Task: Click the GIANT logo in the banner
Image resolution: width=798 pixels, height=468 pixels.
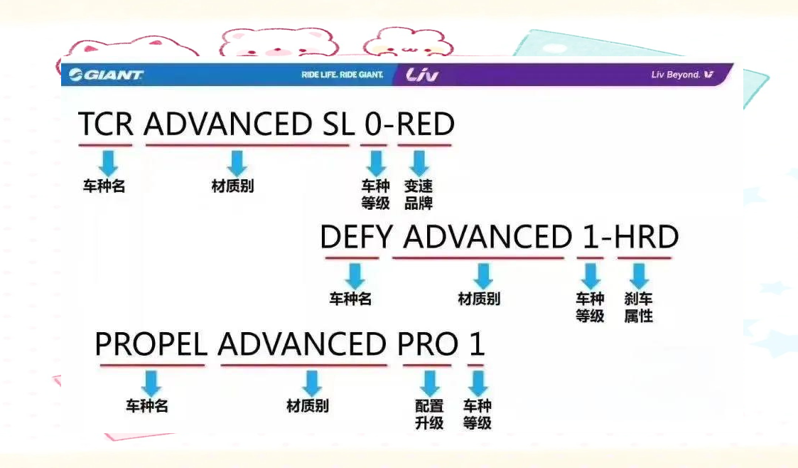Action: (x=106, y=75)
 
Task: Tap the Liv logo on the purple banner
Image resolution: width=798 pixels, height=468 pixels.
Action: (x=422, y=75)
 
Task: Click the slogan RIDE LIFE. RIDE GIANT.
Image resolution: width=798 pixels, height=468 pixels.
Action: (x=342, y=75)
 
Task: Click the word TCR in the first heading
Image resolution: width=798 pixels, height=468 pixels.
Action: (x=105, y=124)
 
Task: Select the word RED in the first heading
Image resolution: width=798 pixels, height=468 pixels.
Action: (x=425, y=124)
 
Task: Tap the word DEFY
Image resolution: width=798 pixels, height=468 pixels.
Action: (x=356, y=237)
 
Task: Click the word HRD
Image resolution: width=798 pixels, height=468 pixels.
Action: (x=647, y=237)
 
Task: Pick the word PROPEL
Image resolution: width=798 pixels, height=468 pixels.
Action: (x=151, y=344)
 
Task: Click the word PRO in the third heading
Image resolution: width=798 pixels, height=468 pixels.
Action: (x=428, y=344)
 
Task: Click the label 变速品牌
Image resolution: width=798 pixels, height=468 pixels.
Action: (x=419, y=195)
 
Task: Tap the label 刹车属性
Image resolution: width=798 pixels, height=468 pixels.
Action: (x=638, y=307)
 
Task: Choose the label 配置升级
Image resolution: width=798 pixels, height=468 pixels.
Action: (x=429, y=414)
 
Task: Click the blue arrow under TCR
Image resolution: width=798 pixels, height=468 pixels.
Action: (x=108, y=163)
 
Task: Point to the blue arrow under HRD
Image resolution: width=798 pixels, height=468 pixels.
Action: (x=639, y=275)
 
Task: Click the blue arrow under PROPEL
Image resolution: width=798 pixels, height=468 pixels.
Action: (x=151, y=383)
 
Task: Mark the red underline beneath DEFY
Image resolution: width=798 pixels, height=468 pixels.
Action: (x=352, y=257)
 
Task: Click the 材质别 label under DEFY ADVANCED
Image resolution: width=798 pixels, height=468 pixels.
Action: (x=479, y=299)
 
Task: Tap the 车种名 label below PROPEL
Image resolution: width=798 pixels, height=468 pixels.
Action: (x=146, y=406)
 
